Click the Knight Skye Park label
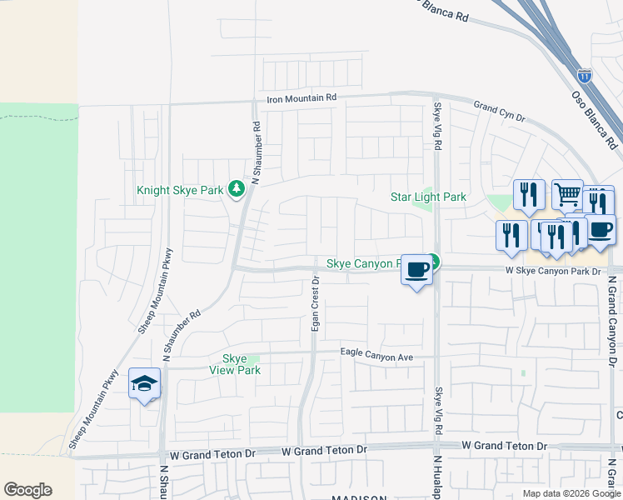click(x=180, y=191)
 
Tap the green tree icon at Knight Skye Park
click(x=237, y=190)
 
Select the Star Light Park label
click(x=429, y=197)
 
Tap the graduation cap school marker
click(x=144, y=385)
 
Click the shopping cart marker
click(x=567, y=195)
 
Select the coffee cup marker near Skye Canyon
click(x=417, y=269)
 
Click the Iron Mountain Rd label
click(x=302, y=98)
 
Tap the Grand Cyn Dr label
click(x=499, y=112)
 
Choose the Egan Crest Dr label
click(x=316, y=304)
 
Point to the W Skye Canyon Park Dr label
click(x=552, y=272)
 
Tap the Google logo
click(x=27, y=489)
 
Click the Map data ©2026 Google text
click(x=571, y=493)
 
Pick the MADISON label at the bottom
click(x=359, y=497)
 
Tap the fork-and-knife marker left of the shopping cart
click(x=529, y=195)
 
